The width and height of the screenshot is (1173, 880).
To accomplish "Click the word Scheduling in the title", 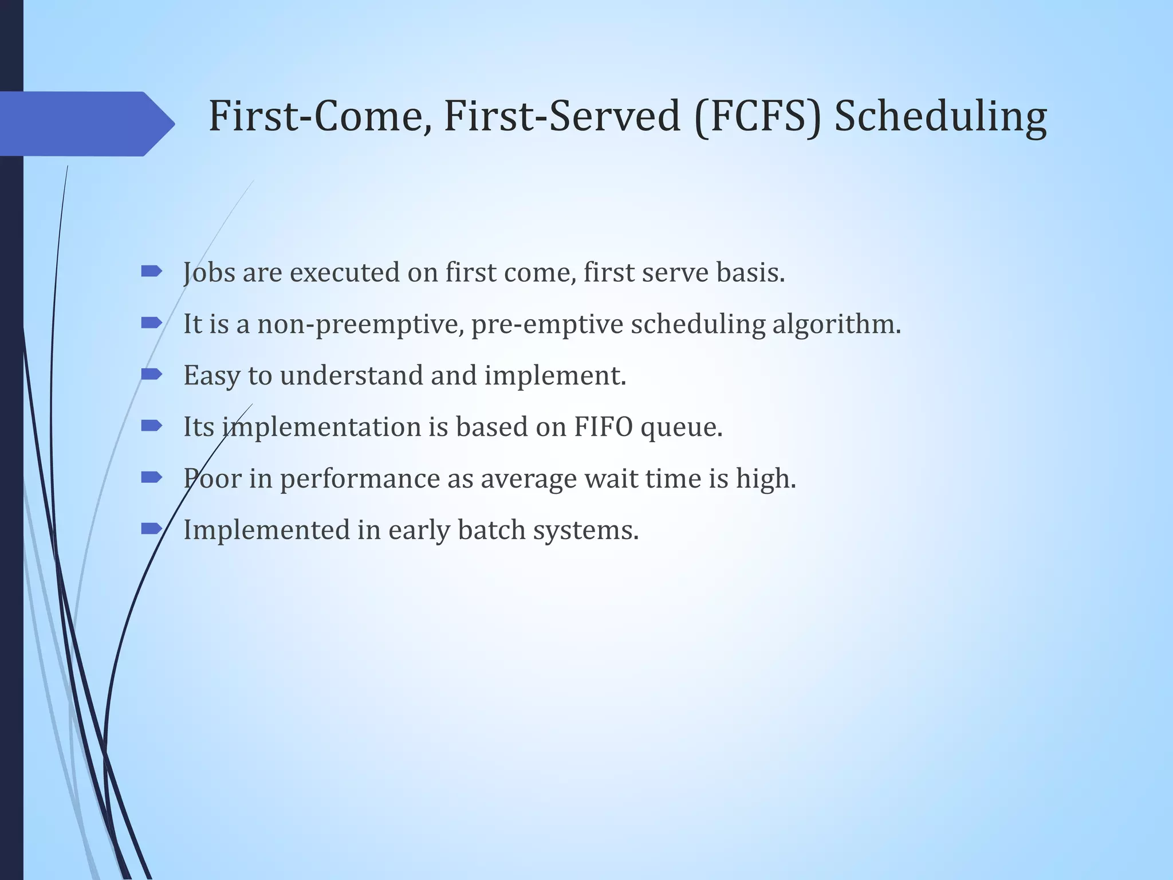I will tap(940, 117).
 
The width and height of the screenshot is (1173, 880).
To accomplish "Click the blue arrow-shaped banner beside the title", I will tap(86, 124).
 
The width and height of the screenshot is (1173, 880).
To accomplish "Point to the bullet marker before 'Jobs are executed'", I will tap(151, 272).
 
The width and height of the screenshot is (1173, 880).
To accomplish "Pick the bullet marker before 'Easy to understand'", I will tap(151, 375).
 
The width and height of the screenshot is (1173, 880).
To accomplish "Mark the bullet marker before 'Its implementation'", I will tap(151, 426).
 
